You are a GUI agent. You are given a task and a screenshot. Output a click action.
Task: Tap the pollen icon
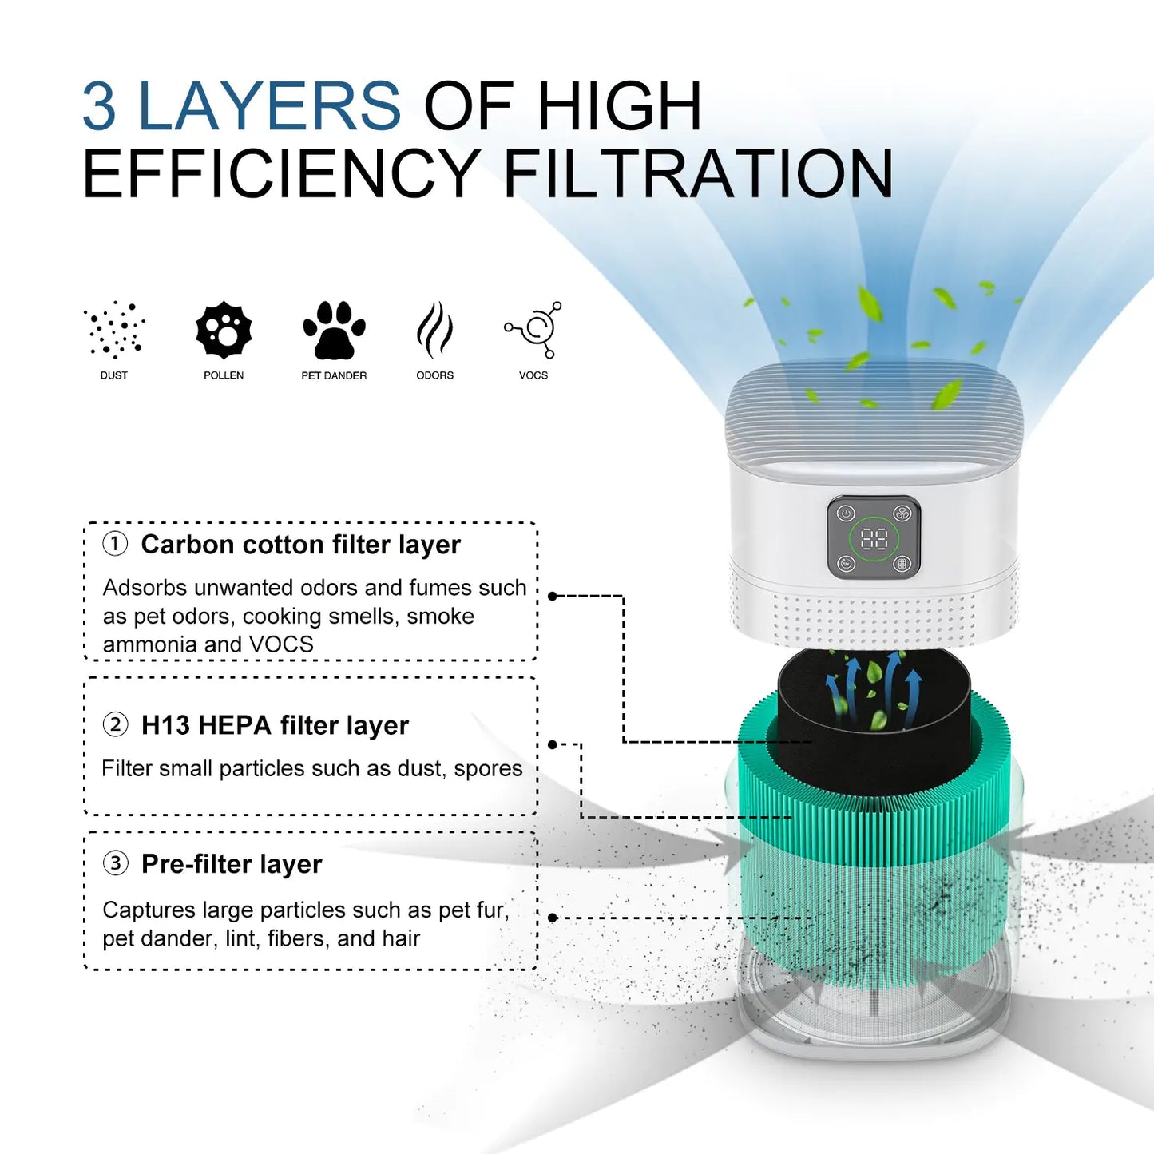[x=224, y=330]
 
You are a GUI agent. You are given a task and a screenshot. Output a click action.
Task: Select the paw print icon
[x=334, y=330]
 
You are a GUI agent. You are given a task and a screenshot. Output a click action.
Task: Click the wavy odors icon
[x=434, y=330]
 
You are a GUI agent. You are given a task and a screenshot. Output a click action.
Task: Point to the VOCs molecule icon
[x=534, y=329]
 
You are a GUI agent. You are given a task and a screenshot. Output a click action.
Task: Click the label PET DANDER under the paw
[x=334, y=375]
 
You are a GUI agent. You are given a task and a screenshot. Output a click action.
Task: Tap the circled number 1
[x=115, y=544]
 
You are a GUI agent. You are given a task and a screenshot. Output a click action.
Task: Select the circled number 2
[x=115, y=724]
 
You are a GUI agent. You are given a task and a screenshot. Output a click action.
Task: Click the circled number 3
[x=115, y=863]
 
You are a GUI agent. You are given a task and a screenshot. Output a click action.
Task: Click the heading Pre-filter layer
[x=232, y=864]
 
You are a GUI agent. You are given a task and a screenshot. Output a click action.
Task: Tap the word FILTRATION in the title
[x=698, y=174]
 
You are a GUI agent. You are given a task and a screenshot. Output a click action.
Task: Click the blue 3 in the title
[x=100, y=105]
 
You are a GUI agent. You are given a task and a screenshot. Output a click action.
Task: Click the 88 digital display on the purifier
[x=874, y=539]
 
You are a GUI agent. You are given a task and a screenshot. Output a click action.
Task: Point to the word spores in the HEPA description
[x=488, y=768]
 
